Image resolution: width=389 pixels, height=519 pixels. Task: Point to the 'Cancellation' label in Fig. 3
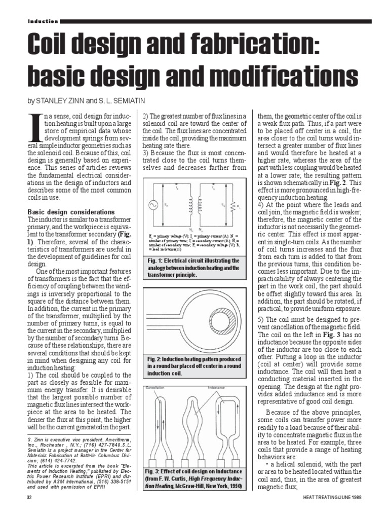(158, 388)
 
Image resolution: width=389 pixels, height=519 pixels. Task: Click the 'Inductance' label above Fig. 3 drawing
(219, 388)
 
